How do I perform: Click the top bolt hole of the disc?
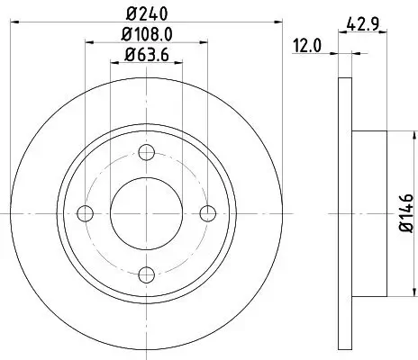click(x=148, y=151)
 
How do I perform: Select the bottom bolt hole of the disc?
click(x=148, y=274)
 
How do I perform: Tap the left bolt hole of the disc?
click(x=86, y=212)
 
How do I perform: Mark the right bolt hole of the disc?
click(x=209, y=212)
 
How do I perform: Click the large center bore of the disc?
click(x=148, y=212)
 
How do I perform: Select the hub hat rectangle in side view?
click(x=369, y=212)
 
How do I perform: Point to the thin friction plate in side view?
click(x=345, y=212)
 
